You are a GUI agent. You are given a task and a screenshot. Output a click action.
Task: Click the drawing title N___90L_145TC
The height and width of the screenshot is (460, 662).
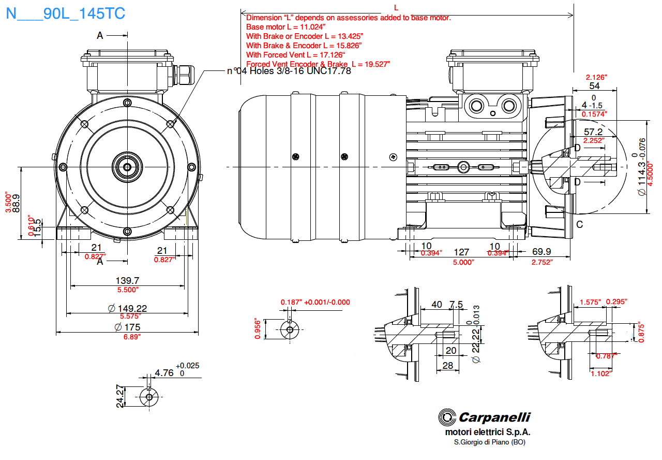click(65, 13)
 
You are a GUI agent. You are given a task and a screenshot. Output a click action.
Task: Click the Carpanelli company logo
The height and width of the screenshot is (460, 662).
click(484, 417)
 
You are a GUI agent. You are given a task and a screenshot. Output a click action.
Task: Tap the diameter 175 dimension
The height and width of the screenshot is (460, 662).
click(127, 327)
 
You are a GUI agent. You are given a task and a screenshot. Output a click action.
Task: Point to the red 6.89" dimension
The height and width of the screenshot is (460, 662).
click(127, 337)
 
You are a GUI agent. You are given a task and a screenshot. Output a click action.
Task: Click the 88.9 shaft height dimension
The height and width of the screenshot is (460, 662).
click(16, 203)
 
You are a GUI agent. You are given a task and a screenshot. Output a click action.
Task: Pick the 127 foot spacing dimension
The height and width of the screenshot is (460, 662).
click(461, 252)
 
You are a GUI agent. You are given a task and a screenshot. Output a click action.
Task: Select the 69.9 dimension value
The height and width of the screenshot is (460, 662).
click(541, 252)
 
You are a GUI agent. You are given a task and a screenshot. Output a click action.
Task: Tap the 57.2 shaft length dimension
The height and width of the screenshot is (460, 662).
click(593, 132)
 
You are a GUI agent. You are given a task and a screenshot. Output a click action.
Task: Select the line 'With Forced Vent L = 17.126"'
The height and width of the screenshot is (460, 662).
click(295, 55)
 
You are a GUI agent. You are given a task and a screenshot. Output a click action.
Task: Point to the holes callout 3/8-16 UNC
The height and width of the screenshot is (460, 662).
click(289, 71)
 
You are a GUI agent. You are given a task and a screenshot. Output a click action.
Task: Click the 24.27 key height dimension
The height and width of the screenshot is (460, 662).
click(120, 396)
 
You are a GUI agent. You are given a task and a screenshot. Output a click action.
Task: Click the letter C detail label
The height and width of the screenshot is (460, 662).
click(579, 224)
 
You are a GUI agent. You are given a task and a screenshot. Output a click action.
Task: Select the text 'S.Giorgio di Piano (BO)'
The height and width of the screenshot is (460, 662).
click(489, 442)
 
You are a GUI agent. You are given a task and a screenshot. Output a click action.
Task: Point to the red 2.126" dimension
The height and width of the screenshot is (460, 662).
click(596, 77)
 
